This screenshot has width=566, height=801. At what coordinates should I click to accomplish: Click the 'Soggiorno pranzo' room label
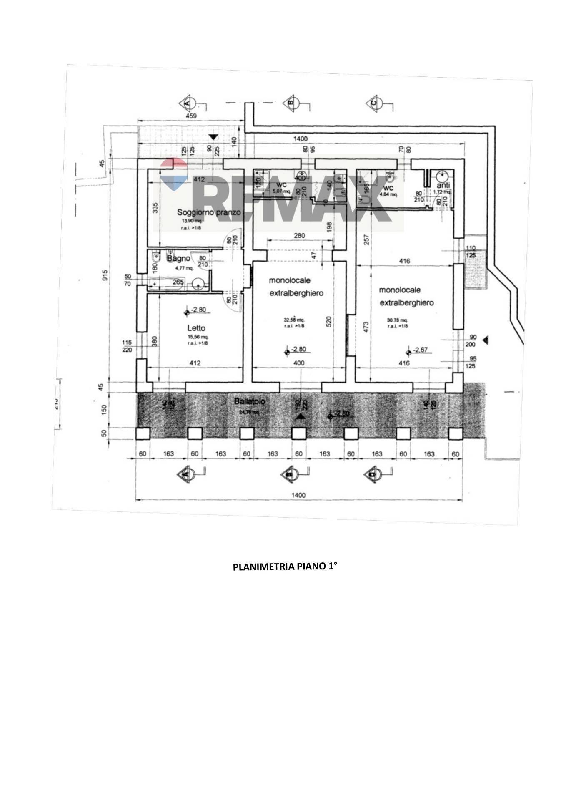(209, 212)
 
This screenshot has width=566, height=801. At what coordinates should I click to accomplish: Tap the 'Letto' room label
(196, 328)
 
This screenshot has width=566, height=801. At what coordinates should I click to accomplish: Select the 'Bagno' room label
(179, 259)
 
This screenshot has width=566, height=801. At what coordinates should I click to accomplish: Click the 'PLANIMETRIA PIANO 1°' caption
(284, 567)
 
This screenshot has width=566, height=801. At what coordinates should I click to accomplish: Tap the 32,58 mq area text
(294, 320)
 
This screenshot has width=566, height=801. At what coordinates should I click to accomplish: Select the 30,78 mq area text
(398, 320)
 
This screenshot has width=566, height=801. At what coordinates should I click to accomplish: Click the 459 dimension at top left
(191, 116)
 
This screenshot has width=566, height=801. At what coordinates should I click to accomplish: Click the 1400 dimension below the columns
(298, 495)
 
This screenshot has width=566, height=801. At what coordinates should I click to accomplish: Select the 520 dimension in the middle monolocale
(329, 321)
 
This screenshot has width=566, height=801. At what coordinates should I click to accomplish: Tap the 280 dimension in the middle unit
(299, 236)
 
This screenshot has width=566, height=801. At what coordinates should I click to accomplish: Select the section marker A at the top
(187, 103)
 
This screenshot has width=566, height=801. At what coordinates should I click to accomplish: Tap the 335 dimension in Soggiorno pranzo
(155, 207)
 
